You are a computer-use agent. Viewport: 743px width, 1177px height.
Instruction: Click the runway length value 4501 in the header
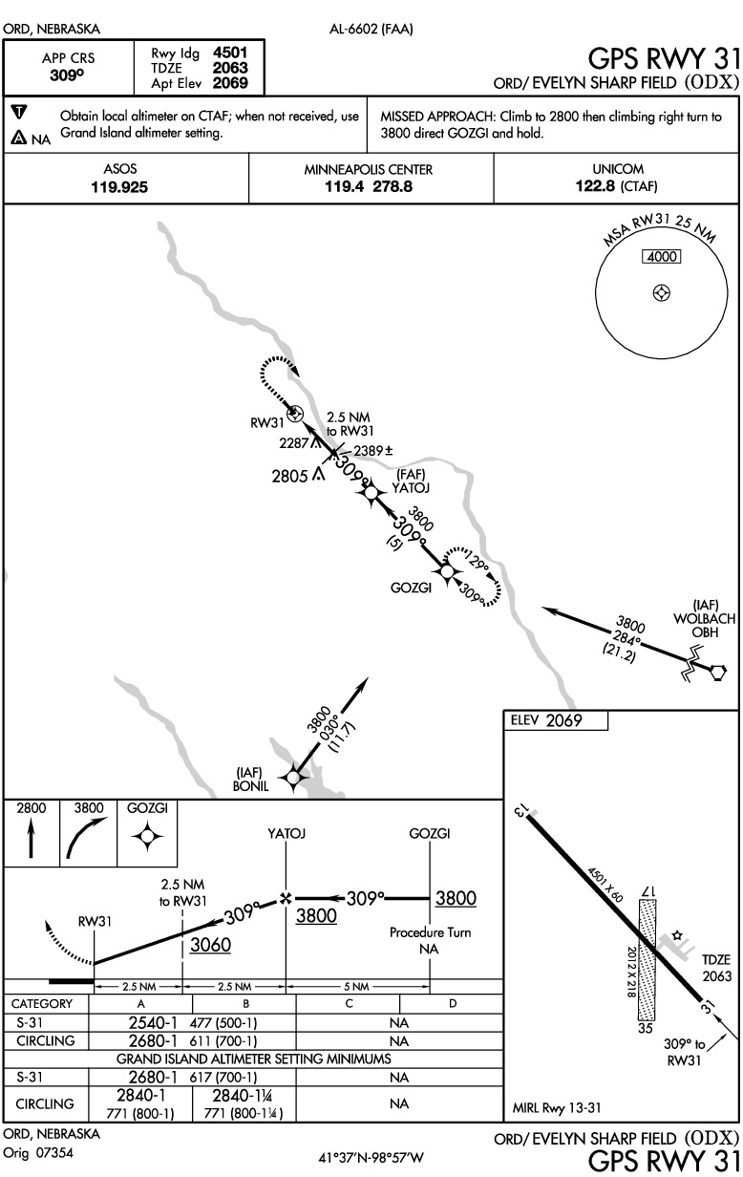pos(231,53)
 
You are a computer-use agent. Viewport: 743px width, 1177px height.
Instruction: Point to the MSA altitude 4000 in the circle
pos(661,257)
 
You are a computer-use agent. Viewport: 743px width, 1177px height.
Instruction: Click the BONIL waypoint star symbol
pos(293,778)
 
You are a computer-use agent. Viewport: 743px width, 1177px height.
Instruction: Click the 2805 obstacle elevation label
pos(290,475)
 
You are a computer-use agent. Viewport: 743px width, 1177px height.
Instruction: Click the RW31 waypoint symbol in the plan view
pos(295,414)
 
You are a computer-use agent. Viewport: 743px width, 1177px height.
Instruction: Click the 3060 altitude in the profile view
pos(210,945)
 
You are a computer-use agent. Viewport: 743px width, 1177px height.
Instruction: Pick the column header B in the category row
pos(244,1004)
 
